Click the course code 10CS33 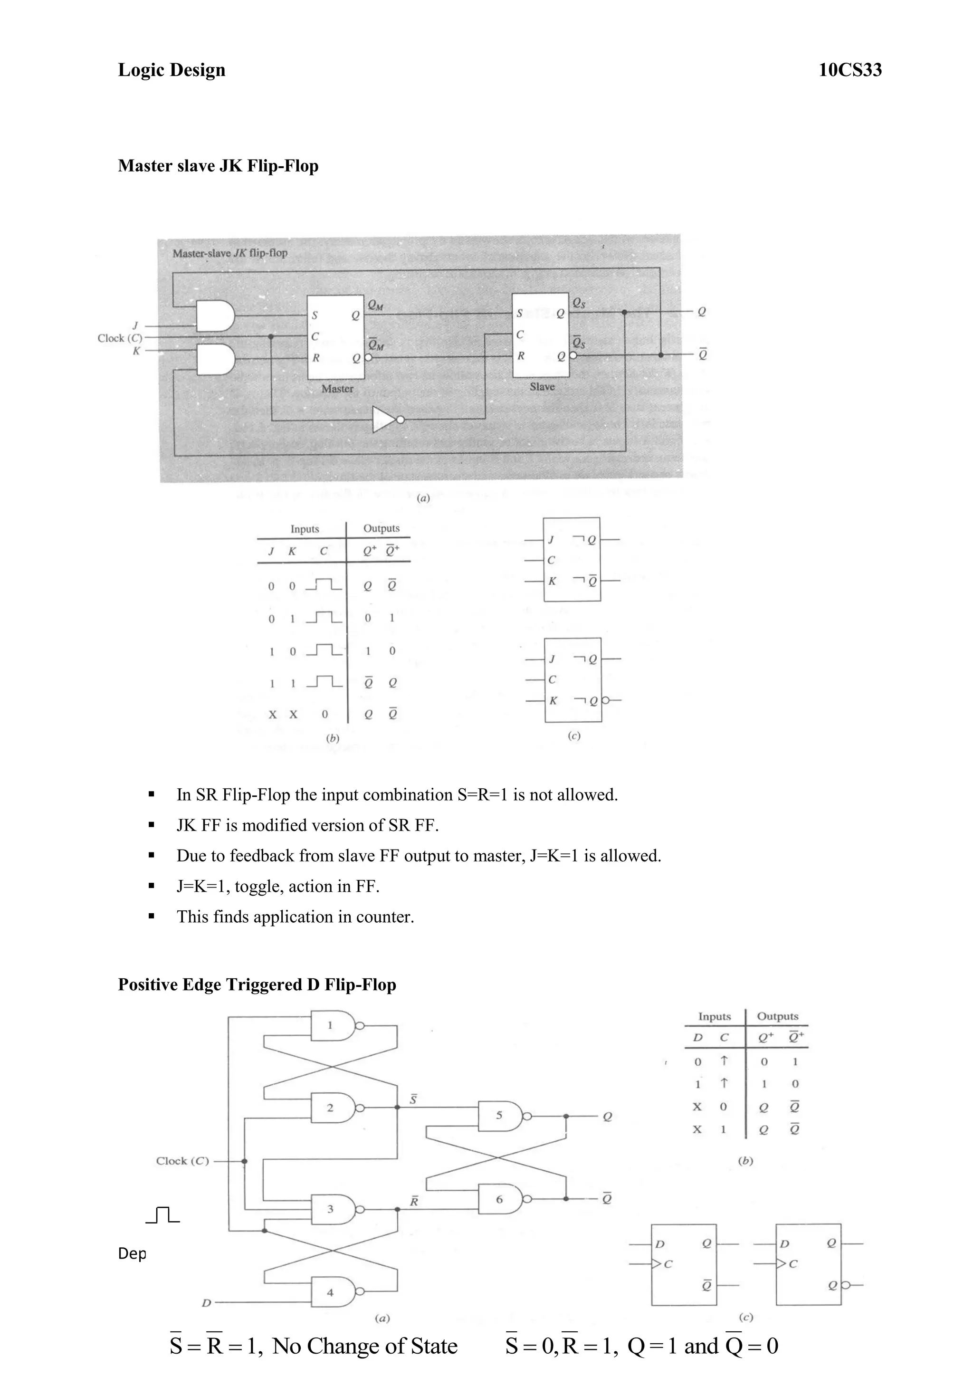coord(849,70)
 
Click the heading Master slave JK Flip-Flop coord(218,166)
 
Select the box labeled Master coord(335,337)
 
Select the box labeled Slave coord(540,335)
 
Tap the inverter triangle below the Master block coord(385,420)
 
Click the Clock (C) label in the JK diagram coord(120,338)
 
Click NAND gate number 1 coord(333,1025)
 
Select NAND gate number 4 coord(333,1293)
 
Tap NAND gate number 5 coord(501,1116)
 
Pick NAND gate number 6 coord(501,1199)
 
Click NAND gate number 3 coord(333,1209)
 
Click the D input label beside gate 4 coord(206,1302)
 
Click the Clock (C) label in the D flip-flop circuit coord(182,1161)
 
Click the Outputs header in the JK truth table coord(381,528)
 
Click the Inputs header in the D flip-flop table coord(714,1016)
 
